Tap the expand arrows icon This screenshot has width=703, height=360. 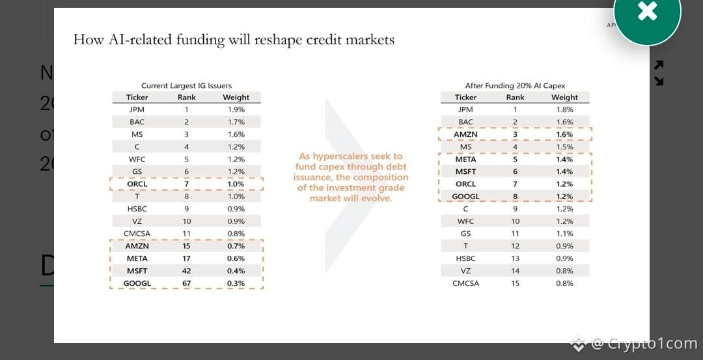[659, 73]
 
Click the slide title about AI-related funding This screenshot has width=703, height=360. [234, 40]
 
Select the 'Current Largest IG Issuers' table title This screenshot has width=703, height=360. [186, 85]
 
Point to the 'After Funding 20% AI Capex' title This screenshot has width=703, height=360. [515, 85]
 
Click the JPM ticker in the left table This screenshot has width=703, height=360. [137, 109]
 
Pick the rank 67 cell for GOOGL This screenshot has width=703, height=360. [186, 283]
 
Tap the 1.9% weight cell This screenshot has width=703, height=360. [236, 109]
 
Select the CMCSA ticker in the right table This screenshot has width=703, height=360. [465, 283]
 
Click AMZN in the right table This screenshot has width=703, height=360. [465, 134]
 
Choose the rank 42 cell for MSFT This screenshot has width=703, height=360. [186, 271]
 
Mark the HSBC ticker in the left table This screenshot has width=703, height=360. [137, 209]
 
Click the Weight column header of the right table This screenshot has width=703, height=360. [564, 97]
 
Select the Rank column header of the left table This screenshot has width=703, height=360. [186, 97]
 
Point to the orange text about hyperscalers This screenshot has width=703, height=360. [351, 177]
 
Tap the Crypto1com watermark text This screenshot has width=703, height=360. [641, 343]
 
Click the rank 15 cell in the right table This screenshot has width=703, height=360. [515, 283]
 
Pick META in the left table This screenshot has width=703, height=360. [137, 258]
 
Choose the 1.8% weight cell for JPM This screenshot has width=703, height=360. [564, 109]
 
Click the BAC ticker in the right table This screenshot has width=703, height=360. [465, 122]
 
